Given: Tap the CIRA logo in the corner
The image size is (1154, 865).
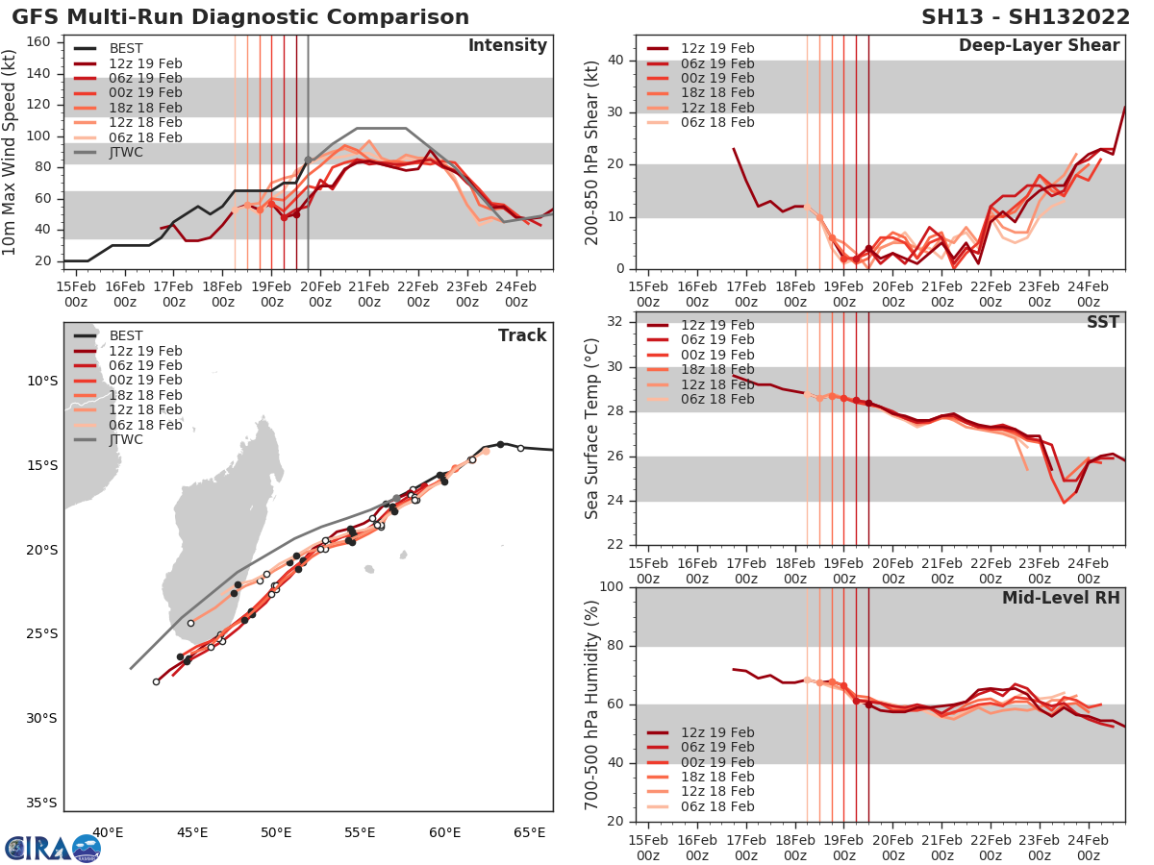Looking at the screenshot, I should (53, 848).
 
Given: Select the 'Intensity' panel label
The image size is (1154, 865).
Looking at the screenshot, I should (507, 46).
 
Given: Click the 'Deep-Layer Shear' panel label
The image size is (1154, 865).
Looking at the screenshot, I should (1039, 46).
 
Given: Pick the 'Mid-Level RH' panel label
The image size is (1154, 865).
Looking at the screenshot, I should (1061, 598).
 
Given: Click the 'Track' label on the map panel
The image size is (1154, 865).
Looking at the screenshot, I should (522, 335).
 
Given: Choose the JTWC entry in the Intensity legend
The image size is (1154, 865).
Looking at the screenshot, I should (125, 153).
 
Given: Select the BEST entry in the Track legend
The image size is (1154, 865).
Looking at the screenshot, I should (125, 335).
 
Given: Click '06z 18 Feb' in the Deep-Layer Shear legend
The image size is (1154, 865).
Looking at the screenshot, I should (716, 122).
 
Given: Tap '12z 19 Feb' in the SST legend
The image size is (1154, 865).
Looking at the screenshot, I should (716, 325).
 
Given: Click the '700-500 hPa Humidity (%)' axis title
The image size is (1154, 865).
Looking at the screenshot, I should (593, 704).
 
